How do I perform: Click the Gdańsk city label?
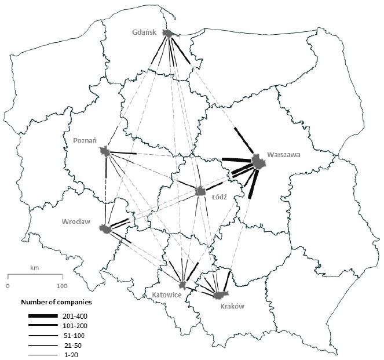coord(145,32)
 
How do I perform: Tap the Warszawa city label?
coord(284,155)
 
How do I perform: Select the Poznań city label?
coord(85,140)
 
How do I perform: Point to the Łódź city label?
coord(219,197)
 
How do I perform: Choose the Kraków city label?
coord(233,306)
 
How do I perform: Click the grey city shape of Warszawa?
coord(258,162)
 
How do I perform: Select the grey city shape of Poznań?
coord(105,152)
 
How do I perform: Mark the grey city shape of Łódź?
coord(200,191)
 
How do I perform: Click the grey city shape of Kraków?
coord(218,295)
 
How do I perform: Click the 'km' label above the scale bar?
coord(34,268)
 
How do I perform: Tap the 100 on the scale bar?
coord(61,286)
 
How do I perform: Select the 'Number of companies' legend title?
coord(57,302)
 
